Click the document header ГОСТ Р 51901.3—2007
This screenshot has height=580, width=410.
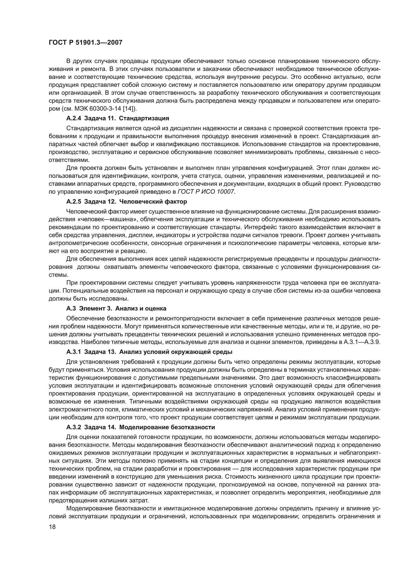(x=85, y=42)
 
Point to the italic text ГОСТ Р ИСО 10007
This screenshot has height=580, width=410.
(x=206, y=191)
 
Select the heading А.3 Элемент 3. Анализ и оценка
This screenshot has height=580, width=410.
(x=116, y=308)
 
